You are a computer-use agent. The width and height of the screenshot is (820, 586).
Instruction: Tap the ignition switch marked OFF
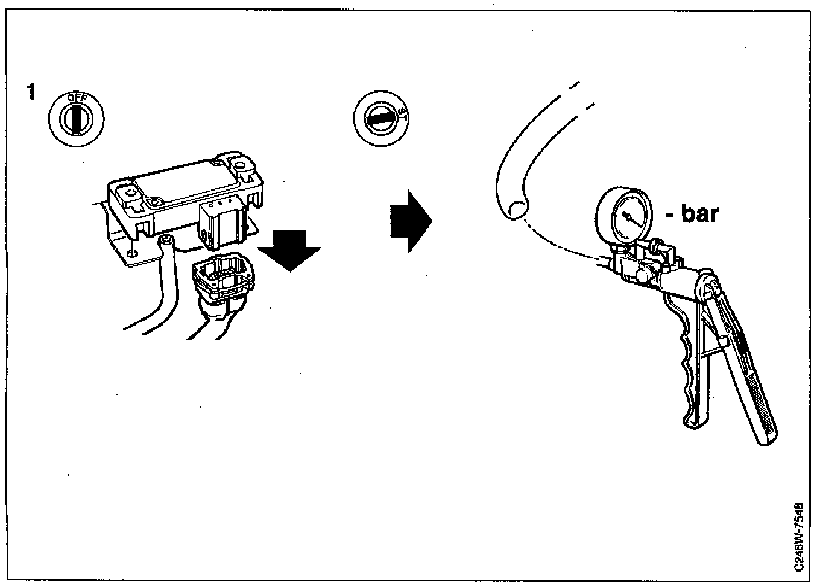tap(76, 117)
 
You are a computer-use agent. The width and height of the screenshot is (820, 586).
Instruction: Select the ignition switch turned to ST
tap(380, 118)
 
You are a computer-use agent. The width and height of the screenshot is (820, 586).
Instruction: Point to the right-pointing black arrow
tap(411, 221)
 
